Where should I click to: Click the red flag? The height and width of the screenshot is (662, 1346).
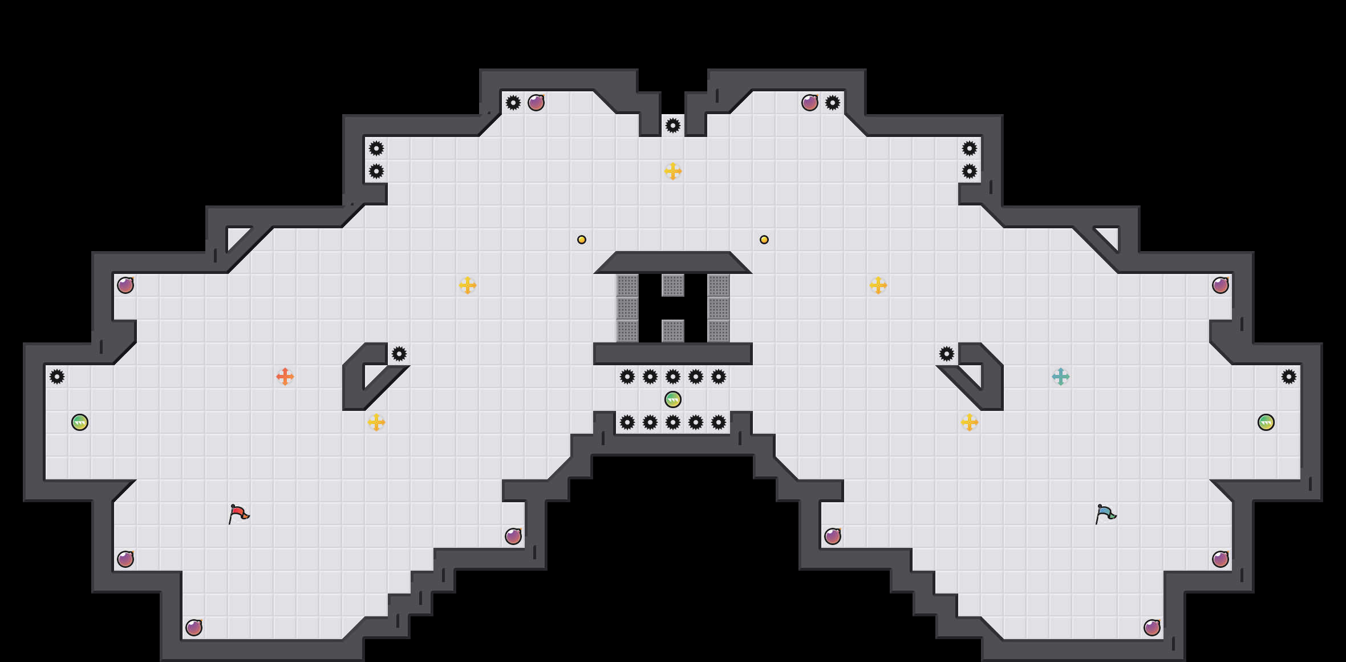tap(238, 514)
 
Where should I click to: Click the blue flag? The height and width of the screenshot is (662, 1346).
tap(1105, 514)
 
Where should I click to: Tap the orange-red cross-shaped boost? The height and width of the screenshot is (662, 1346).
tap(285, 377)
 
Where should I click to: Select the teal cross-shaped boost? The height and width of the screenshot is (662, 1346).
tap(1061, 377)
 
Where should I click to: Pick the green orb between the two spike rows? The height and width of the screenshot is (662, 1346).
tap(673, 399)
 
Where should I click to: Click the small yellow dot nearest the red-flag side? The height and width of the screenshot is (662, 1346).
tap(582, 240)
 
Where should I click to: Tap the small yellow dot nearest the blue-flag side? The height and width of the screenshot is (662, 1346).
tap(764, 240)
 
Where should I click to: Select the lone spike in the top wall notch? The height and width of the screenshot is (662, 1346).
tap(673, 126)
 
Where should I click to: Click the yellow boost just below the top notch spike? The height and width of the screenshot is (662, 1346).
tap(673, 171)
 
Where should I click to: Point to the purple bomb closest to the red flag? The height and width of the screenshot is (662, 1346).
tap(125, 559)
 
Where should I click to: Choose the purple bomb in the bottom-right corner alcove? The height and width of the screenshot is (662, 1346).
tap(1152, 628)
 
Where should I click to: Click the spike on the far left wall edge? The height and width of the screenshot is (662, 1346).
tap(57, 377)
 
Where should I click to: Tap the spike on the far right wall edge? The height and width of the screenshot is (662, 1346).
tap(1289, 377)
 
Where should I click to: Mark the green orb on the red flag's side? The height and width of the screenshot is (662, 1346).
tap(80, 422)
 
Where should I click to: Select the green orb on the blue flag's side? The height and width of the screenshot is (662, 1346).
tap(1266, 422)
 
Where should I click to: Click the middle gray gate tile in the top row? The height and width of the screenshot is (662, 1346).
tap(673, 285)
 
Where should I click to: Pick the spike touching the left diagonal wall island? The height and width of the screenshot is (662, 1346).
tap(399, 354)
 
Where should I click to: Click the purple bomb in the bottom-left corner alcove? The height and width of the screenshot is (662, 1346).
tap(194, 628)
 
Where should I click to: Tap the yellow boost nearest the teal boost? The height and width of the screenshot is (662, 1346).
tap(970, 422)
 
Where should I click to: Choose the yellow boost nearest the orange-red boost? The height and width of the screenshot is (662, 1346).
tap(376, 422)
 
